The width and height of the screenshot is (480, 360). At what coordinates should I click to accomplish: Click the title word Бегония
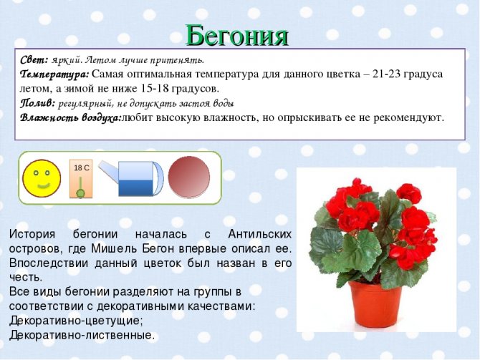click(x=237, y=34)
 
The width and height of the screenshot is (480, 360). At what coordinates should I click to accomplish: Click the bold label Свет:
click(x=34, y=59)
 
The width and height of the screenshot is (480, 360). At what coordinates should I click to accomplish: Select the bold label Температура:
click(x=54, y=74)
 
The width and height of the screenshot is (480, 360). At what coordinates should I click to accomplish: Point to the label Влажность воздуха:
click(x=70, y=117)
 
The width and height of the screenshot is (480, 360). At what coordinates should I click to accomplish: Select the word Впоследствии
click(x=46, y=263)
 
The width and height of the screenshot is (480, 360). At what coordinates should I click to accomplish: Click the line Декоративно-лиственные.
click(x=82, y=334)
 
